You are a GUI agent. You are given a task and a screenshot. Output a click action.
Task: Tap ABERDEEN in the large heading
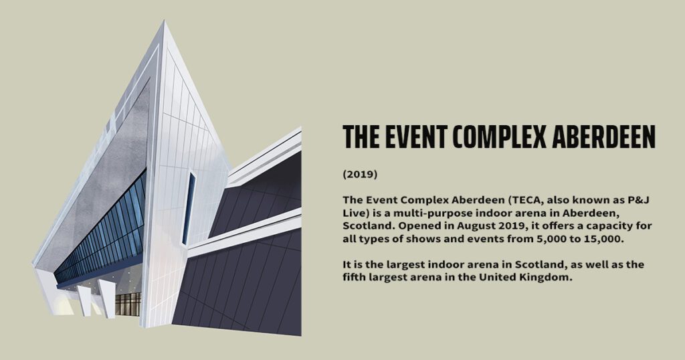coord(604,137)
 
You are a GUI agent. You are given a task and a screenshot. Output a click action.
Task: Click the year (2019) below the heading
coord(360,175)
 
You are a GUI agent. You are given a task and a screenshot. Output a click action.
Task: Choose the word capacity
coord(606,226)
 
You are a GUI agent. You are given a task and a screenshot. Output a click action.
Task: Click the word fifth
coord(353,278)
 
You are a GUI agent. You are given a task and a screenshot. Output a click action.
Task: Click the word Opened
coord(421,226)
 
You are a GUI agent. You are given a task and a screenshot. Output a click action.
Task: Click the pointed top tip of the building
coord(165,21)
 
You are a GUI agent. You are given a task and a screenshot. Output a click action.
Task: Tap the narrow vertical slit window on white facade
coord(189,208)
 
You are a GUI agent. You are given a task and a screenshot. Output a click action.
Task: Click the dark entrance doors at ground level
coord(128,304)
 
